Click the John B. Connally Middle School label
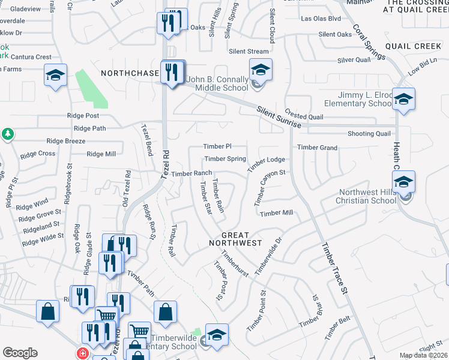(x=217, y=83)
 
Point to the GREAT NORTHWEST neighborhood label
(x=235, y=239)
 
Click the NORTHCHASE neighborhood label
(x=128, y=73)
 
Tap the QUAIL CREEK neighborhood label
(x=414, y=46)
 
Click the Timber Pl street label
(x=217, y=146)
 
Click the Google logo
(x=20, y=353)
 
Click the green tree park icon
(x=8, y=134)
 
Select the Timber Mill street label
(x=276, y=213)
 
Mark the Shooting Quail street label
(x=369, y=134)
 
